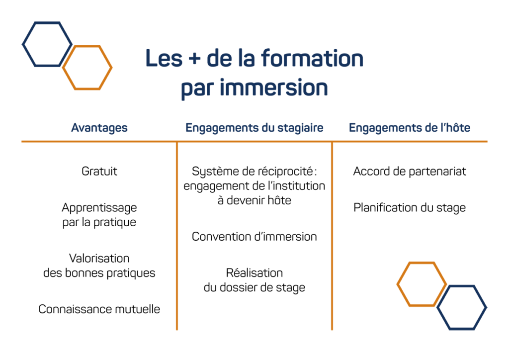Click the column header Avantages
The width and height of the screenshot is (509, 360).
click(99, 128)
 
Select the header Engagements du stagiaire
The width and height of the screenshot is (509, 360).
click(254, 128)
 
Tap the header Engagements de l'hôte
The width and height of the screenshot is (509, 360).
click(410, 128)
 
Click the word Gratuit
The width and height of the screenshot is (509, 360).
click(99, 171)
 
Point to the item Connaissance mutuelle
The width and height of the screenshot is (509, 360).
click(99, 309)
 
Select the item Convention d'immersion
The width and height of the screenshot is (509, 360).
click(254, 237)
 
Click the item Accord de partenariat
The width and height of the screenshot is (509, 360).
click(410, 172)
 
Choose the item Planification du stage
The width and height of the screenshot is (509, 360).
click(410, 208)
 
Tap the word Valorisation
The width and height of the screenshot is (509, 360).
click(99, 259)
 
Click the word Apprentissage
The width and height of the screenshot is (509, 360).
click(99, 208)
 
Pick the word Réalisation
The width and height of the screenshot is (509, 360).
click(254, 272)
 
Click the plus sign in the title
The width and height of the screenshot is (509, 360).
click(194, 59)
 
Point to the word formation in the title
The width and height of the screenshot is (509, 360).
click(312, 58)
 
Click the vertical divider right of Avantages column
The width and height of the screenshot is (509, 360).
click(177, 236)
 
